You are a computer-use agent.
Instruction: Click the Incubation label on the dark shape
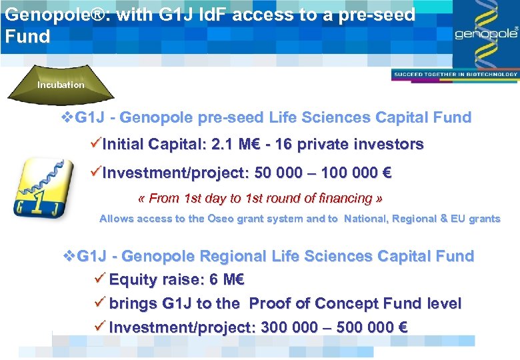[x=61, y=85]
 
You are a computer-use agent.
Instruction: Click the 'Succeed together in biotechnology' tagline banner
[x=455, y=74]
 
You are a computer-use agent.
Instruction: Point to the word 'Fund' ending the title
[x=27, y=36]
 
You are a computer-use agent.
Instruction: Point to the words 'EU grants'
[x=473, y=219]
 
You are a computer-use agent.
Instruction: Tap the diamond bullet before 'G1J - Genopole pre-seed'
[x=66, y=118]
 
